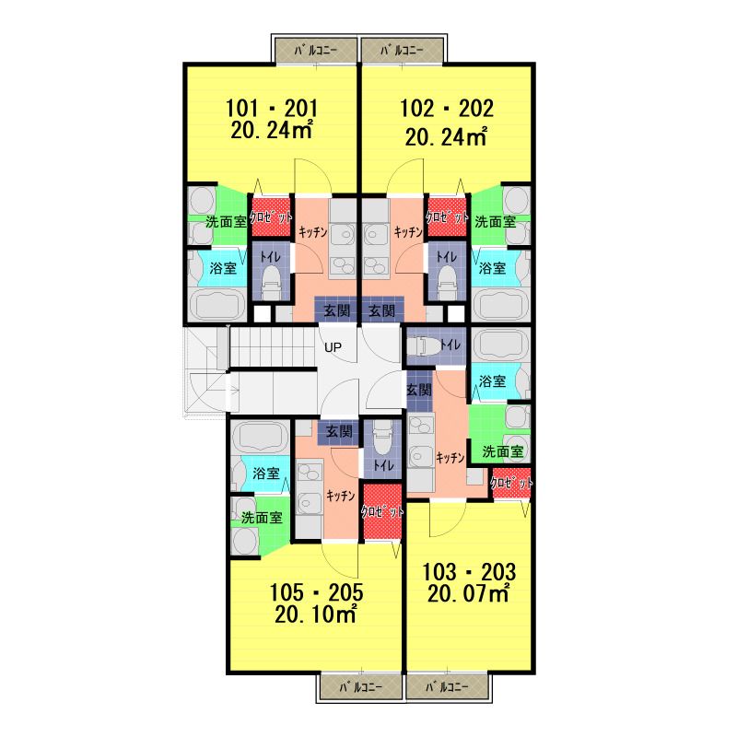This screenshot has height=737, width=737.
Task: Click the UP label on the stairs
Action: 333,348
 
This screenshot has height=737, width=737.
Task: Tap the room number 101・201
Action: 272,108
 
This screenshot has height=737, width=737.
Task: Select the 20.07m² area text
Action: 468,593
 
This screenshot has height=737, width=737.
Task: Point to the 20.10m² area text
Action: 315,614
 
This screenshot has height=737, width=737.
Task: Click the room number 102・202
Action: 447,108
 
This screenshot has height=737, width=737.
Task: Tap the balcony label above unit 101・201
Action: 316,51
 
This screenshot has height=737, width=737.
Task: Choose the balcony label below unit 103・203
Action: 447,686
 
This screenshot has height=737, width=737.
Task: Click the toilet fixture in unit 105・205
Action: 382,437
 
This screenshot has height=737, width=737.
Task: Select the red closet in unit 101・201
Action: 270,216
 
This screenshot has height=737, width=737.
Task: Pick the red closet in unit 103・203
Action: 511,484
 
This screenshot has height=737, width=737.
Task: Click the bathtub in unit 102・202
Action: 500,304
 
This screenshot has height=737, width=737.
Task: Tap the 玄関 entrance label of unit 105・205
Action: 339,431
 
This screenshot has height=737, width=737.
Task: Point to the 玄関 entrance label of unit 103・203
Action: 419,390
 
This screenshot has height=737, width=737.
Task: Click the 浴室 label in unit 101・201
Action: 223,268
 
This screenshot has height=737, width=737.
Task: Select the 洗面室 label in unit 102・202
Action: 496,222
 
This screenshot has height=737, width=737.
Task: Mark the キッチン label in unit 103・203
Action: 450,457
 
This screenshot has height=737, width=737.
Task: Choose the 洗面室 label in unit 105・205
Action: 262,518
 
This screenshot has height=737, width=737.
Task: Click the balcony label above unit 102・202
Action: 402,51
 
